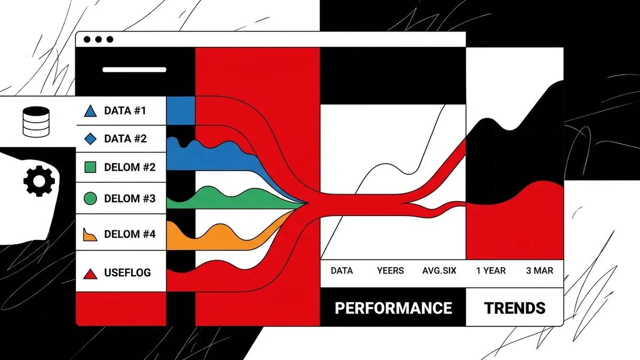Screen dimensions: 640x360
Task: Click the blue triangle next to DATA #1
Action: tap(90, 111)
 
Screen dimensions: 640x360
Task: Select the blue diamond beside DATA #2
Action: tap(91, 139)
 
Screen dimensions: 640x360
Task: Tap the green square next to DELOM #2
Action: tap(91, 167)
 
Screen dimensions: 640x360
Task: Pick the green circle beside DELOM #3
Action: tap(91, 198)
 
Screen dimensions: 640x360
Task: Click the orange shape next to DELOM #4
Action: tap(90, 235)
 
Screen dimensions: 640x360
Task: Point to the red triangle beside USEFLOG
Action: tap(90, 274)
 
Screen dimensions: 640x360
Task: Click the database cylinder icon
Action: tap(36, 122)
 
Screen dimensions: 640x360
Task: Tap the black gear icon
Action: tap(39, 181)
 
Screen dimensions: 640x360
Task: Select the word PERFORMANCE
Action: tap(393, 308)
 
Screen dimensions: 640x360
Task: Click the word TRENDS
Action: tap(515, 308)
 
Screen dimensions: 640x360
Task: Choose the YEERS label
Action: tap(390, 270)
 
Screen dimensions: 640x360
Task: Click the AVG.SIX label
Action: tap(439, 270)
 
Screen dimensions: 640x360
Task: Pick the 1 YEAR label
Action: tap(491, 270)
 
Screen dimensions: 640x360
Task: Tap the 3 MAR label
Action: tap(540, 270)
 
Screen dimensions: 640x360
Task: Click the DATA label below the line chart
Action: tap(342, 270)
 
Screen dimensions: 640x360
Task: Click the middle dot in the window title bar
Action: tap(98, 39)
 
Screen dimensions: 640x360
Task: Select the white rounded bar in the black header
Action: tap(134, 70)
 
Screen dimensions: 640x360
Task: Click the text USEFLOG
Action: tap(127, 273)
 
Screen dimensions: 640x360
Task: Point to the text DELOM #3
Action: tap(130, 198)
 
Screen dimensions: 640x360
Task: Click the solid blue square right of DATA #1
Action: tap(181, 110)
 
